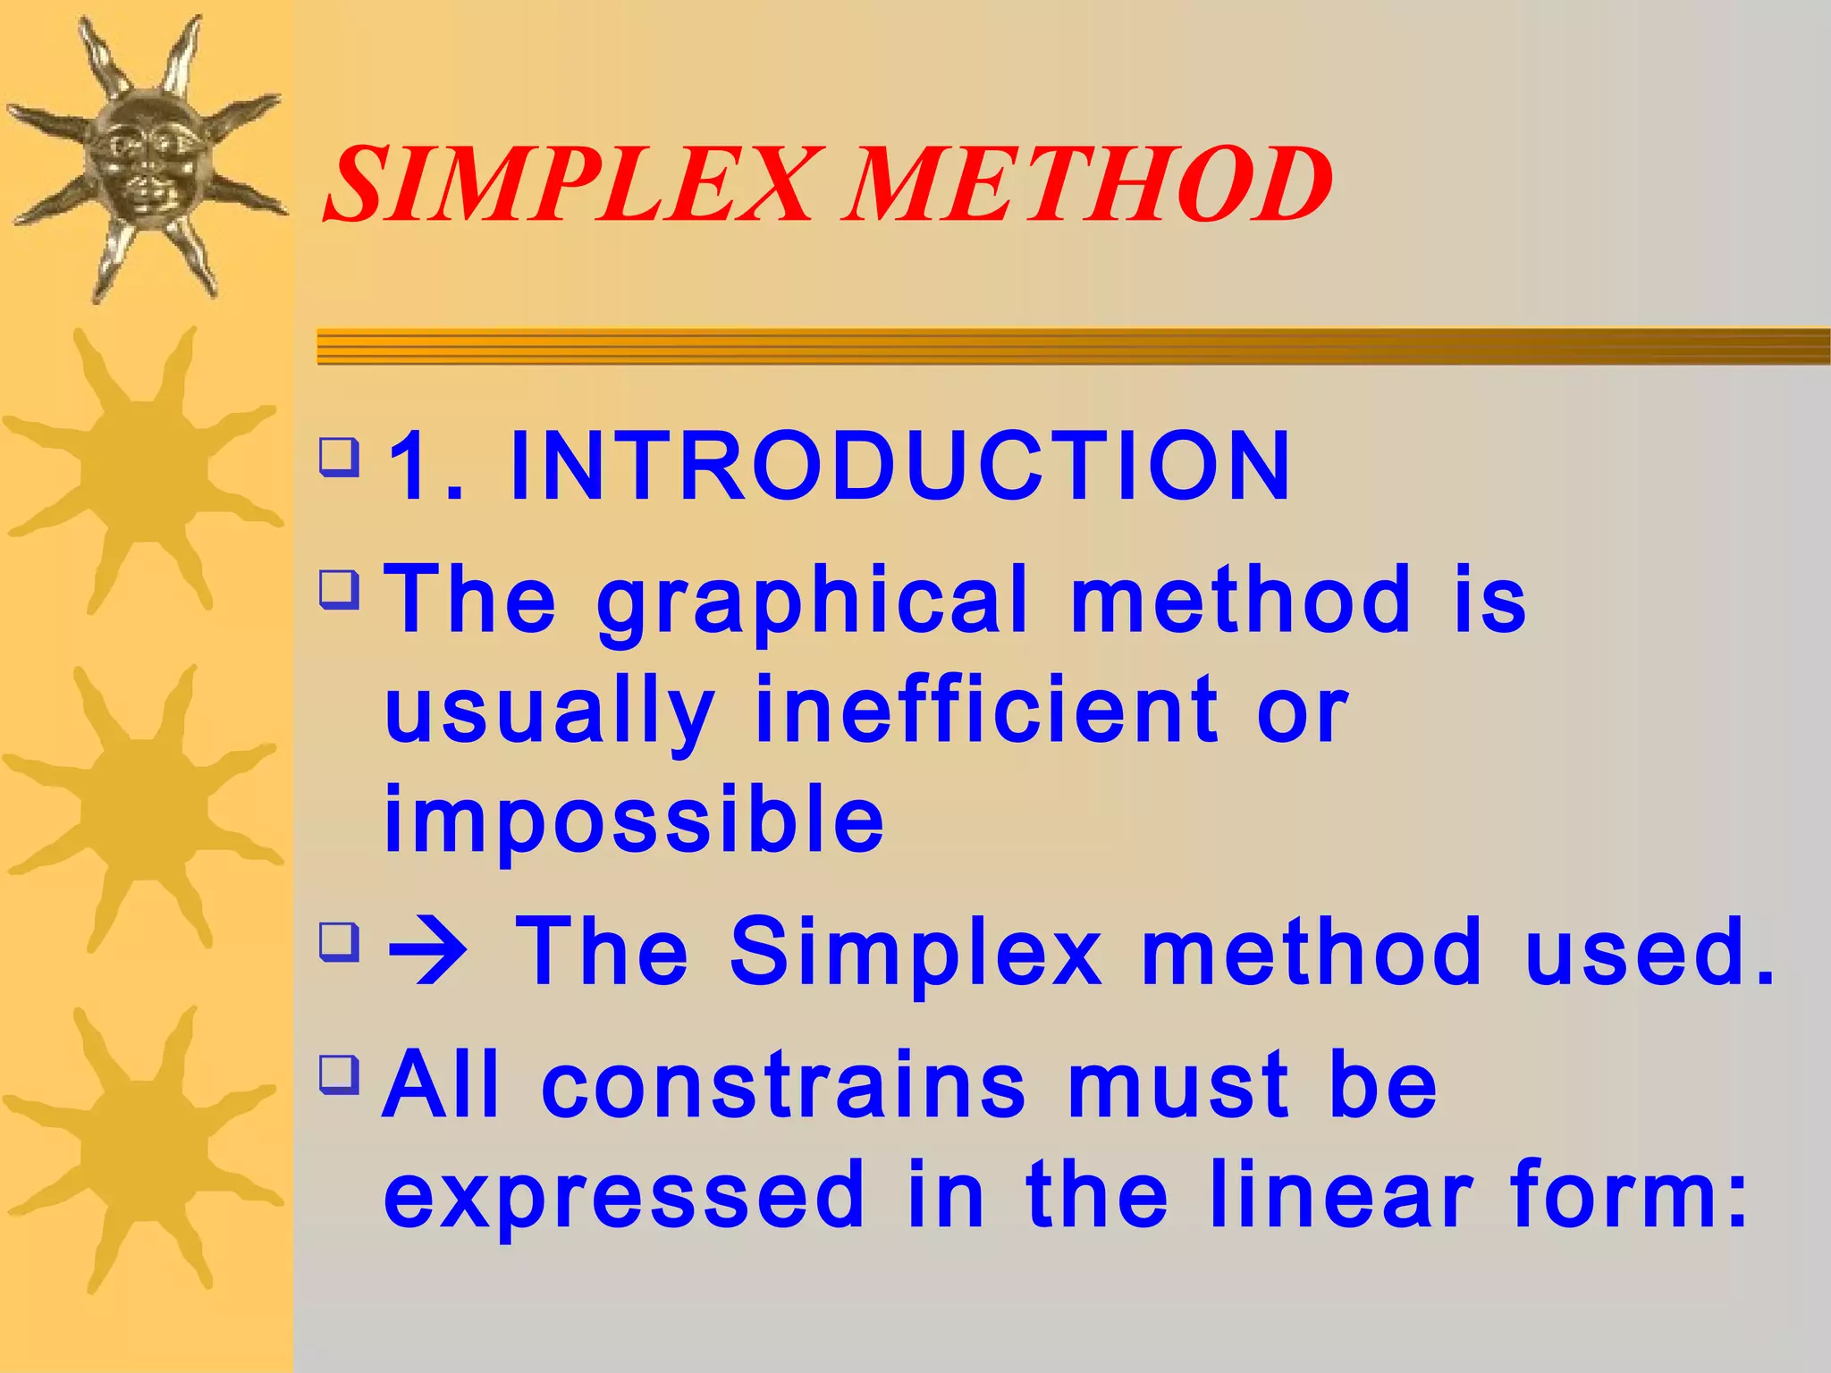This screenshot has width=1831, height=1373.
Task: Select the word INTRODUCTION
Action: coord(899,466)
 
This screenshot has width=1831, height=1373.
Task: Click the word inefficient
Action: coord(985,711)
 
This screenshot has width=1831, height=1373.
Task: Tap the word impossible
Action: coord(634,820)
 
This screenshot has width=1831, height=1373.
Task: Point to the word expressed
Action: coord(624,1195)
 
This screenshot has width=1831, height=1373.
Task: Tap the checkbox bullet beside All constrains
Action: coord(339,1075)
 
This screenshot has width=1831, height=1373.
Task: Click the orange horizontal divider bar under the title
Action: coord(1073,346)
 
